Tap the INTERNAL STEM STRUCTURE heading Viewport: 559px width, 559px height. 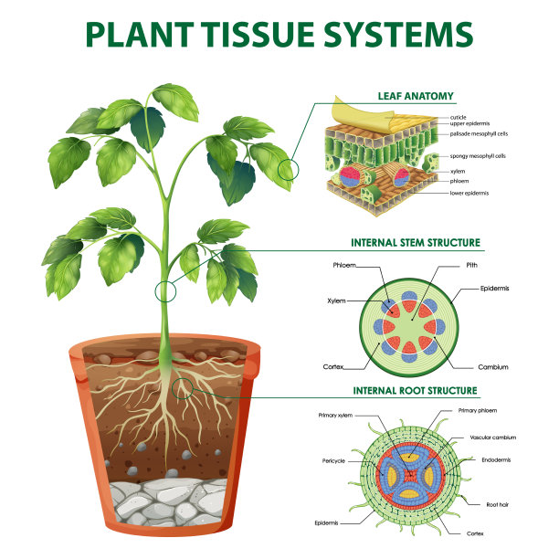pyautogui.click(x=416, y=243)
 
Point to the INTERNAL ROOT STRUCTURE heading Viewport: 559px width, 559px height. pyautogui.click(x=416, y=390)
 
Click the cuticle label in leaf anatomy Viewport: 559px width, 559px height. pyautogui.click(x=459, y=118)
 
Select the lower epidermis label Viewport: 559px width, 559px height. pyautogui.click(x=468, y=194)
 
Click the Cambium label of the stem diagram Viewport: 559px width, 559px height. pyautogui.click(x=493, y=367)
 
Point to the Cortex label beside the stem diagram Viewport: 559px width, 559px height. pyautogui.click(x=335, y=367)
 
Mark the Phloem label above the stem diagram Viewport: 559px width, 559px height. pyautogui.click(x=344, y=266)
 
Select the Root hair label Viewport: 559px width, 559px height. pyautogui.click(x=497, y=503)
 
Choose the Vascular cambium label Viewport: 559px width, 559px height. pyautogui.click(x=493, y=438)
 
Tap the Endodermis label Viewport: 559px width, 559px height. pyautogui.click(x=498, y=461)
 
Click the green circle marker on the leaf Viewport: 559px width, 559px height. pyautogui.click(x=290, y=169)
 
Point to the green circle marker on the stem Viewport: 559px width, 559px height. pyautogui.click(x=165, y=292)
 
